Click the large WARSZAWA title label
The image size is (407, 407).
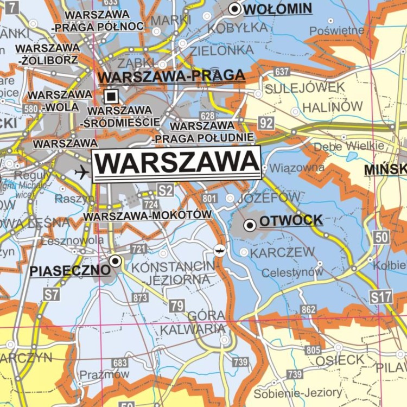[x=176, y=163]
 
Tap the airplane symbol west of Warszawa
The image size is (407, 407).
[x=82, y=173]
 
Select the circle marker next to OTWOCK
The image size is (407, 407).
[x=250, y=224]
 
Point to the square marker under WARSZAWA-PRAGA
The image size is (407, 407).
[x=111, y=97]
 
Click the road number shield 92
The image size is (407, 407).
[x=266, y=123]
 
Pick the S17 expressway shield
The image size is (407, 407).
[x=381, y=296]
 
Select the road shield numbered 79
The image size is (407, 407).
[x=176, y=306]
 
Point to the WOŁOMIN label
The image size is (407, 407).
[x=277, y=9]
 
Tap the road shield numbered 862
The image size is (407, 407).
[x=308, y=309]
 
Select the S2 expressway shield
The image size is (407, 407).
[x=166, y=190]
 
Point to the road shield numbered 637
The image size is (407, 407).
[x=282, y=72]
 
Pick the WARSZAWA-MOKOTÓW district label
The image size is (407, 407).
[x=148, y=215]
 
